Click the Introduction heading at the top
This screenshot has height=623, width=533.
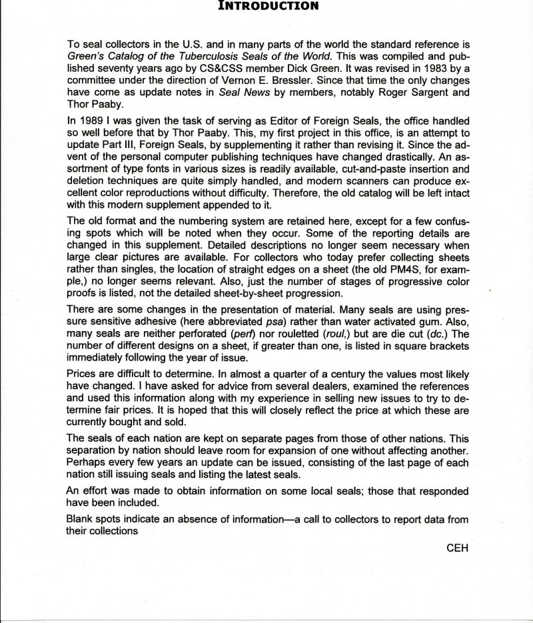click(266, 7)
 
